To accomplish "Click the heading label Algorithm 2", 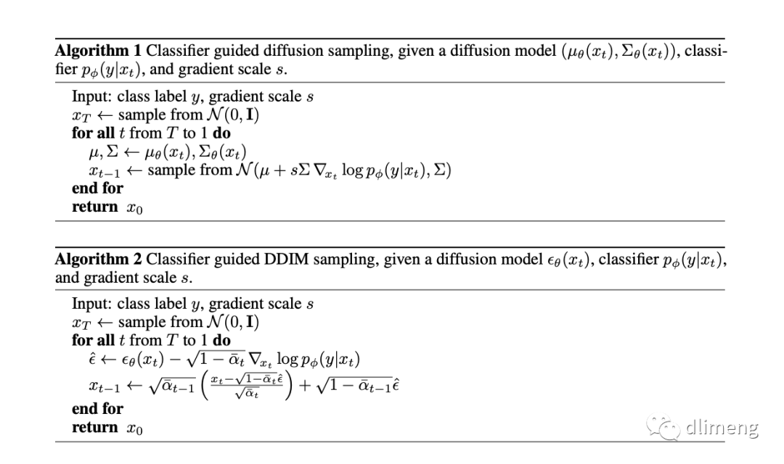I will click(x=99, y=260).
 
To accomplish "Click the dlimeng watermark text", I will click(x=722, y=428).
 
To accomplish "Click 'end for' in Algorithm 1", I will click(x=97, y=188).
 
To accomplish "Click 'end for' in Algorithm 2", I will click(x=97, y=409).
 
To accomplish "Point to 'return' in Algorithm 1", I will click(x=94, y=207).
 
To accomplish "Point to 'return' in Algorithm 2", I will click(x=94, y=428).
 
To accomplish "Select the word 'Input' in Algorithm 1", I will click(x=89, y=97).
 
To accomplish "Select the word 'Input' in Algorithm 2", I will click(x=89, y=304).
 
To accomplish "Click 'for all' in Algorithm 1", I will click(x=93, y=133).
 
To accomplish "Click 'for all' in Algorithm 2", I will click(x=93, y=340).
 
